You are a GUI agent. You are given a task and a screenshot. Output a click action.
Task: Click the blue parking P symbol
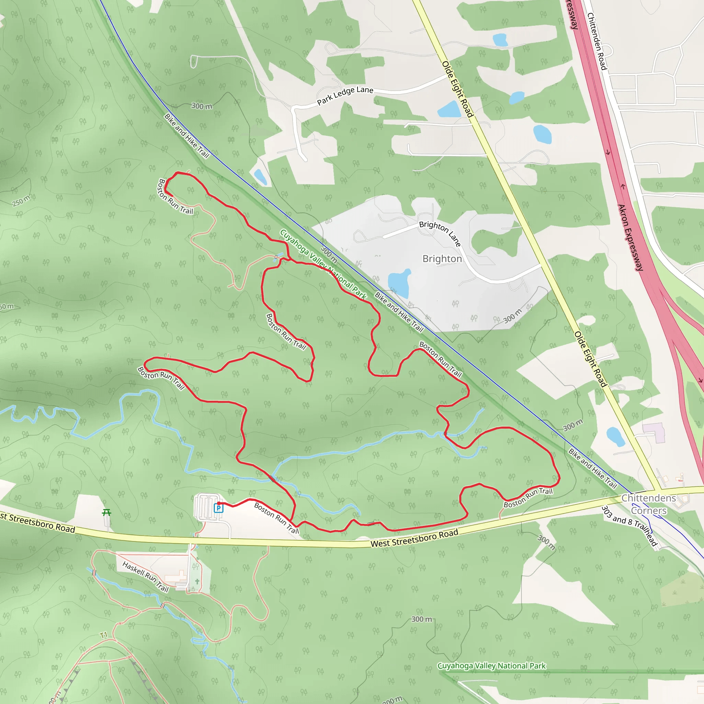tap(218, 508)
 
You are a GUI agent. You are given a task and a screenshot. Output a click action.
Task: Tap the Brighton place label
tap(442, 259)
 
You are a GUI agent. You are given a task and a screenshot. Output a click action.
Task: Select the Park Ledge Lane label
tap(345, 95)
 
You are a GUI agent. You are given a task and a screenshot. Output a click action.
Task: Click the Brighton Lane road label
tap(440, 233)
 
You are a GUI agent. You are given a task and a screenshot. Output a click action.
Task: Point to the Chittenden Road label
tap(597, 41)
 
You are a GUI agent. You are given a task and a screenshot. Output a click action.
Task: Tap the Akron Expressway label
tap(630, 237)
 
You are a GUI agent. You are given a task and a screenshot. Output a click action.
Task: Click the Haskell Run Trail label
tap(145, 576)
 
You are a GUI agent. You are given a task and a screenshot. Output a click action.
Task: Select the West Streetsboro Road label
tap(414, 539)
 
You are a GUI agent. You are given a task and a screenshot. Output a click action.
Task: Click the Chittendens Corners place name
tap(649, 504)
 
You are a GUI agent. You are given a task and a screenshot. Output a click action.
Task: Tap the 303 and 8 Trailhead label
tap(629, 526)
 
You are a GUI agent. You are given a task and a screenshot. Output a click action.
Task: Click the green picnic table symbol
tap(107, 513)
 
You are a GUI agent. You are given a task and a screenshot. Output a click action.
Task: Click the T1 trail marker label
tap(104, 635)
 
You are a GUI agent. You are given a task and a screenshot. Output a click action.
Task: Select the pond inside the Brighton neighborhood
tap(399, 283)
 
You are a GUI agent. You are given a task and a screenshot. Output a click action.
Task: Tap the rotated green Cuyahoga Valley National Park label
tap(323, 265)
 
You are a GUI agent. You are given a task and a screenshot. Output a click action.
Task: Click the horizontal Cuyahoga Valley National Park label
tap(491, 666)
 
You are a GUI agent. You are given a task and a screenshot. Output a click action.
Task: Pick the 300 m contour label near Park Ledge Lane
tap(201, 106)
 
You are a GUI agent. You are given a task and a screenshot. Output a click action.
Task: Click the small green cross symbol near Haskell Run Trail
tap(197, 581)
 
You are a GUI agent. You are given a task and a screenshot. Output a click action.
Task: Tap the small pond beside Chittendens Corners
tap(615, 437)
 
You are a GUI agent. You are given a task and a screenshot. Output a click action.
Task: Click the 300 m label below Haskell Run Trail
tap(421, 619)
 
